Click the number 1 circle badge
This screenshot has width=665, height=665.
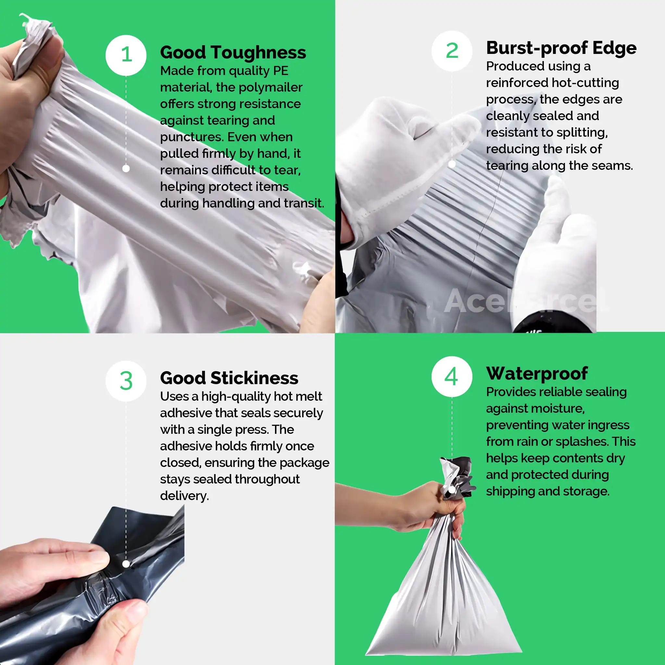click(126, 55)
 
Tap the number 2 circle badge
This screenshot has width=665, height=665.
click(452, 51)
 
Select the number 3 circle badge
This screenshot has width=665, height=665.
click(126, 381)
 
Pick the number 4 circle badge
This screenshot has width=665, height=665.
click(452, 377)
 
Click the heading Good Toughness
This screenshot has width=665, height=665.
click(233, 53)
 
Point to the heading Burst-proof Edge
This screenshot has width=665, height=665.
click(561, 48)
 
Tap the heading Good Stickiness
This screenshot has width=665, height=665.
click(229, 378)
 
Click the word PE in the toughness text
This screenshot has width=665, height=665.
click(281, 71)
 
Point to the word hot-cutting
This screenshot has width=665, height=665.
click(585, 83)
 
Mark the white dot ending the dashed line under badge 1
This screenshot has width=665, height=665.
click(126, 169)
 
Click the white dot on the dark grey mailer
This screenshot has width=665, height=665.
click(126, 564)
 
